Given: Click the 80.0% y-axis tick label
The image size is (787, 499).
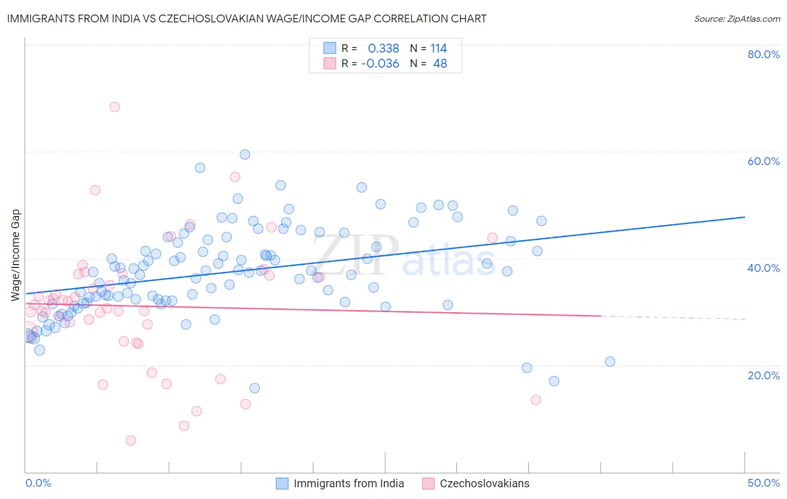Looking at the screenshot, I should (x=763, y=54).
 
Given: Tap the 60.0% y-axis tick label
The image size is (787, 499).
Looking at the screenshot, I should (x=763, y=161).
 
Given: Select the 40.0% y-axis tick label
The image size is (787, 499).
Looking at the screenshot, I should (x=763, y=268).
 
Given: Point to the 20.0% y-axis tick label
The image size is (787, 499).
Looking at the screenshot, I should (x=763, y=375).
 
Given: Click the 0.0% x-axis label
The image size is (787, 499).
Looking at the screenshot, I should (x=38, y=483).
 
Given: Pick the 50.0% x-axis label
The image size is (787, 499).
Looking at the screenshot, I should (x=763, y=483).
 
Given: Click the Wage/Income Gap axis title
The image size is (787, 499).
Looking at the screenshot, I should (x=16, y=255).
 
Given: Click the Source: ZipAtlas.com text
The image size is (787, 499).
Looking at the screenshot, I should (x=737, y=18).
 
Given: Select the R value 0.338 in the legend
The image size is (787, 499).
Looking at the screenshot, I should (x=383, y=49).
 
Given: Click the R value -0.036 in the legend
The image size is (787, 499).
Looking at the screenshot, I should (x=380, y=64).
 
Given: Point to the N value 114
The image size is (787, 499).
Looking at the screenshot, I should (x=438, y=49).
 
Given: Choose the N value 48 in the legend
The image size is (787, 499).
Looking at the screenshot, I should (x=440, y=64).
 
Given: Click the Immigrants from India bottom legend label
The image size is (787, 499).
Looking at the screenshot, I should (x=349, y=483).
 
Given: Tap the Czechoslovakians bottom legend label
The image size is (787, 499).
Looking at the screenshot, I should (x=484, y=483).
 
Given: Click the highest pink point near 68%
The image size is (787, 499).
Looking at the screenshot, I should (x=115, y=107).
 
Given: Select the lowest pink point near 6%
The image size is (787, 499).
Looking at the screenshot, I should (x=130, y=440).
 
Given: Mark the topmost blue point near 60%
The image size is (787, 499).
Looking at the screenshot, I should (x=245, y=154).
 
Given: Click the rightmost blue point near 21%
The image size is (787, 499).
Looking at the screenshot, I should (x=610, y=361).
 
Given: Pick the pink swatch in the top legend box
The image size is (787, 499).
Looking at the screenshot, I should (x=330, y=63).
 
